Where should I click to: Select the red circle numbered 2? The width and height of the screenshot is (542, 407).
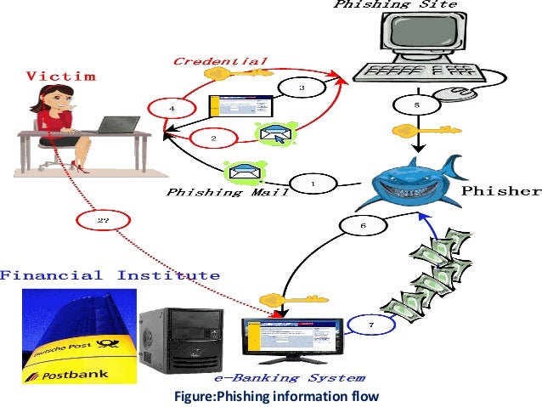tap(213, 137)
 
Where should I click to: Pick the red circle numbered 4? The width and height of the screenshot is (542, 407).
tap(172, 109)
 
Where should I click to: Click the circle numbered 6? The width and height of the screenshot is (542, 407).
tap(363, 226)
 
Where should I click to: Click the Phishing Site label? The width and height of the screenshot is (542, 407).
tap(394, 5)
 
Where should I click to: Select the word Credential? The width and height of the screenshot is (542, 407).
tap(220, 61)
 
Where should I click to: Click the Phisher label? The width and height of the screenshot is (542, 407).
tap(500, 190)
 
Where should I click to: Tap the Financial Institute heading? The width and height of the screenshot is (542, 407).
tap(110, 275)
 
